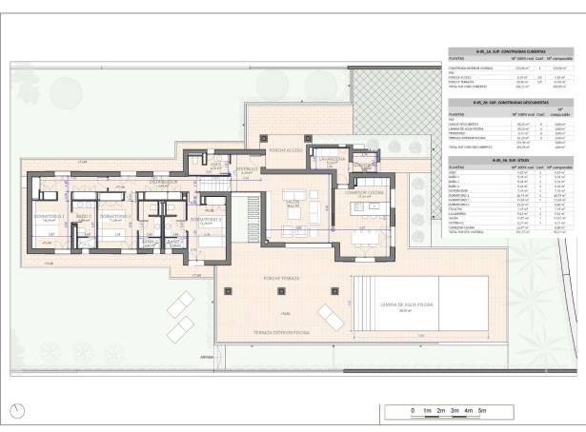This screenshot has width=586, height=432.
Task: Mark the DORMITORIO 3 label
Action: [x=206, y=220]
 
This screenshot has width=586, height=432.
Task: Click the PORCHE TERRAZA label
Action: [x=283, y=278]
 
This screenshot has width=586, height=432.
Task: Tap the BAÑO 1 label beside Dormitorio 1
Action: [x=83, y=216]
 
